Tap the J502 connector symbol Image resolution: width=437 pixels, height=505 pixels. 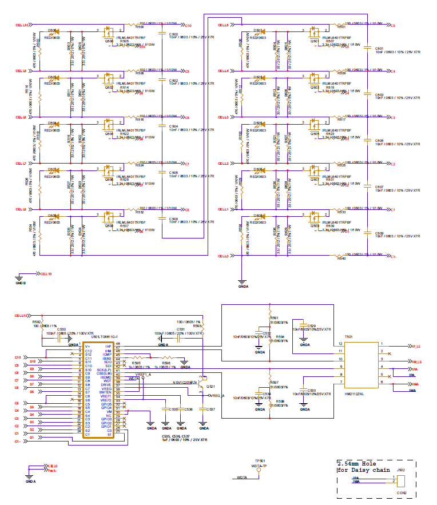(401, 480)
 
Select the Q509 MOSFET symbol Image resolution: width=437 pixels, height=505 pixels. (313, 218)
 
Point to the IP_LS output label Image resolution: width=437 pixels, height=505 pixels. (418, 347)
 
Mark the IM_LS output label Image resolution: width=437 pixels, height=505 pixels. (418, 362)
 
